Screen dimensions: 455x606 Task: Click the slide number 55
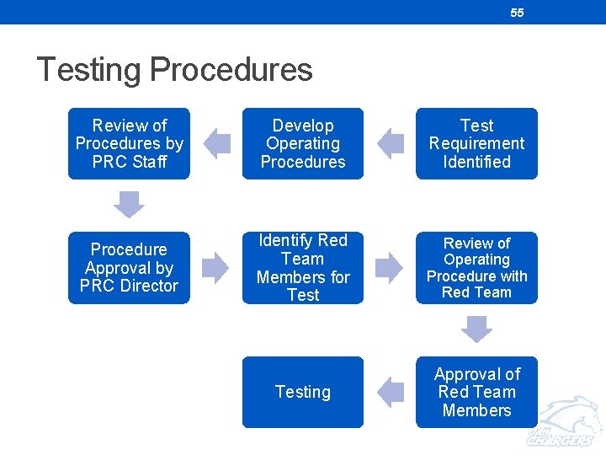click(x=517, y=13)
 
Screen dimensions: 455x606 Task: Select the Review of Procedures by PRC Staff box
click(x=129, y=143)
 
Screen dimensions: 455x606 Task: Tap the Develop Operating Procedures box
click(x=303, y=143)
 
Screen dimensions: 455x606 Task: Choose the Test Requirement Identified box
click(x=476, y=143)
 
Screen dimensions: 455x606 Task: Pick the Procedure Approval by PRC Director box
click(x=129, y=268)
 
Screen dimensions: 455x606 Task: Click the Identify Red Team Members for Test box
click(x=303, y=268)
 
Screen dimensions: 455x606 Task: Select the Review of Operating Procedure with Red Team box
click(x=476, y=268)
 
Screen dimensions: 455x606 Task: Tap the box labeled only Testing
click(x=303, y=392)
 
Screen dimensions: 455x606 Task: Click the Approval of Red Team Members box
click(x=476, y=392)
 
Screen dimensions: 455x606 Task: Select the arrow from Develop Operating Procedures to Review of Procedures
click(x=216, y=143)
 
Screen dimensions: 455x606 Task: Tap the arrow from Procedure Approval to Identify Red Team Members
click(x=215, y=268)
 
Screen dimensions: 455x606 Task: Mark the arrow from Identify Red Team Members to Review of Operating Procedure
click(x=389, y=268)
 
